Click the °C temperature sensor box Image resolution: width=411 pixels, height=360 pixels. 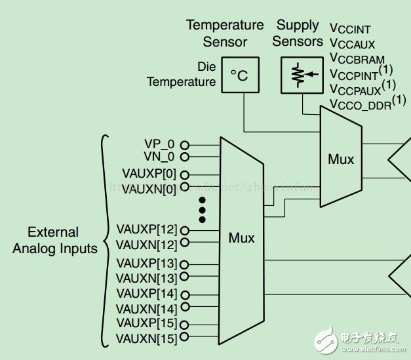(x=239, y=75)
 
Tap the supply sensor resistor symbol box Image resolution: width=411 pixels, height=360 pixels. (x=299, y=75)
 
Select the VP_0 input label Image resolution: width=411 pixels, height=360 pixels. (x=159, y=144)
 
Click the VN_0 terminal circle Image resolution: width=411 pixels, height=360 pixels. (x=185, y=157)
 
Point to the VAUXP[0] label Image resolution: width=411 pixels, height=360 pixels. (x=149, y=174)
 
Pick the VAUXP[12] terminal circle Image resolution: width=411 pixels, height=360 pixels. (x=185, y=230)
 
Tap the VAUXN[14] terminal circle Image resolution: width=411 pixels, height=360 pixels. (x=185, y=307)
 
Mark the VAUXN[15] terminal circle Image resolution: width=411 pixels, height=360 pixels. (x=185, y=338)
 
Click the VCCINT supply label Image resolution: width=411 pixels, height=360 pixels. (x=350, y=30)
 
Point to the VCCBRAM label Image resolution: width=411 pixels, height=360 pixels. (x=357, y=60)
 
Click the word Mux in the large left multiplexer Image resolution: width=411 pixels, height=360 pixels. (x=241, y=237)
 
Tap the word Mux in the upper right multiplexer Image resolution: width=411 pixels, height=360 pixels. (x=341, y=159)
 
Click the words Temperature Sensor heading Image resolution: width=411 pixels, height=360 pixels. (x=225, y=33)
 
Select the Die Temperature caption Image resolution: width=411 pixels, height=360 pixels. (x=181, y=74)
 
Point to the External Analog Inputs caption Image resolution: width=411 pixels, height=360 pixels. (x=54, y=240)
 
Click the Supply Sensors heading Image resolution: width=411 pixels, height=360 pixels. (x=298, y=33)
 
